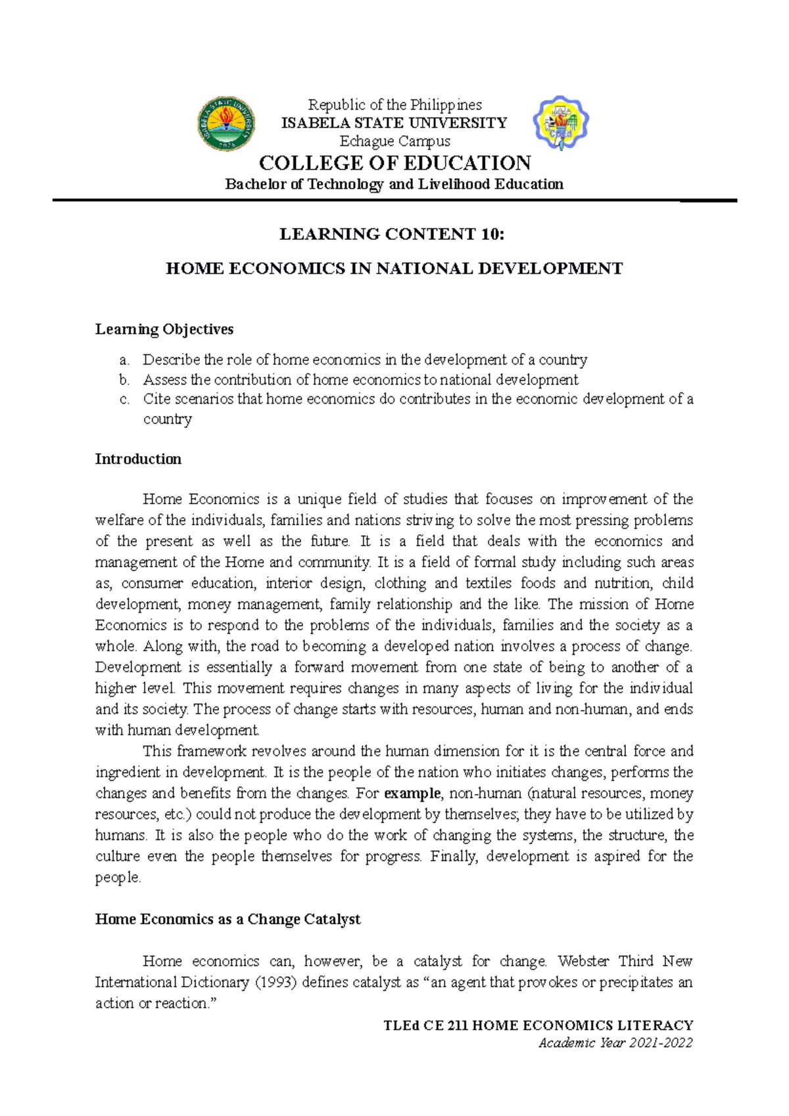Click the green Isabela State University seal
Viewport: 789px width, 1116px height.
tap(227, 123)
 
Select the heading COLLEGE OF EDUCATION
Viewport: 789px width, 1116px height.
tap(394, 163)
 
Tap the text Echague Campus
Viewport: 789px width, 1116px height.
tap(394, 141)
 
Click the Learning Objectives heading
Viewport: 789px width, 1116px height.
tap(164, 329)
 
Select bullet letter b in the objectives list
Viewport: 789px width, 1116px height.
tap(124, 380)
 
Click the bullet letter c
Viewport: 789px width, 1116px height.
tap(124, 399)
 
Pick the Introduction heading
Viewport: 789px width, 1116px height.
tap(138, 459)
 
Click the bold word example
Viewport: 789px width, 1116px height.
tap(412, 793)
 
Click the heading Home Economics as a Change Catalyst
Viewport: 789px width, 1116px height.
tap(227, 919)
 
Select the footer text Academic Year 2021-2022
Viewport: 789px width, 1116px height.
tap(615, 1043)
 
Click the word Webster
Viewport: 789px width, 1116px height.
tap(584, 962)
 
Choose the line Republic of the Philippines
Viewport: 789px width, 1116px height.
tap(394, 105)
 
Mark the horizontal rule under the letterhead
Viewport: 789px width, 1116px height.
tap(394, 200)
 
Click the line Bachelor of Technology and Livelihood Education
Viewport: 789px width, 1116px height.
tap(394, 184)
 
